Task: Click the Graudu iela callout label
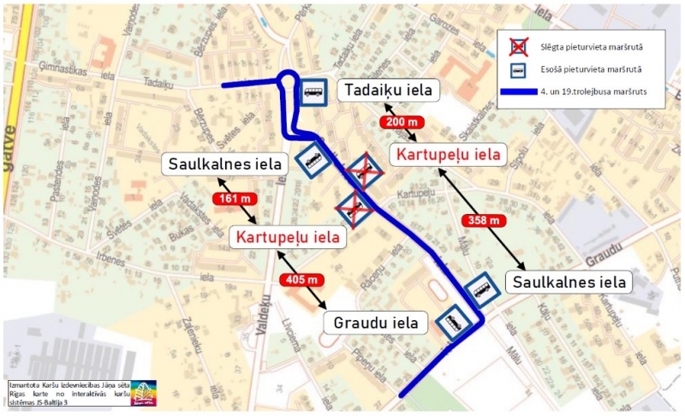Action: click(x=376, y=323)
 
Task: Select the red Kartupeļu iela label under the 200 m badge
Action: click(x=445, y=155)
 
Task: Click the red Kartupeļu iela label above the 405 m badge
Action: click(x=288, y=237)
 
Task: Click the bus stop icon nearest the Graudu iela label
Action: click(x=452, y=323)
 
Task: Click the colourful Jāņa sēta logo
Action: click(x=143, y=393)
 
